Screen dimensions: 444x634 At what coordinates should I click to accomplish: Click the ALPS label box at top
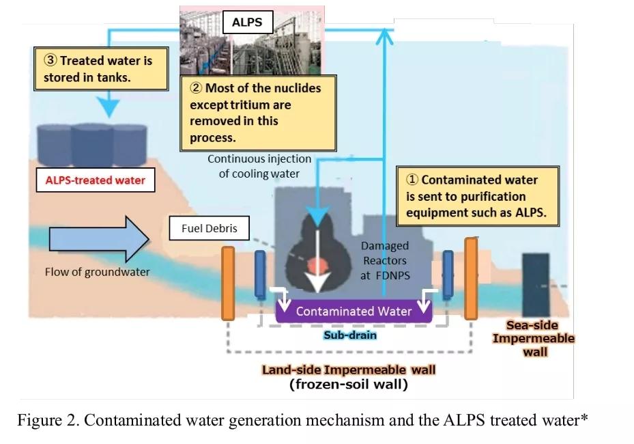pyautogui.click(x=246, y=23)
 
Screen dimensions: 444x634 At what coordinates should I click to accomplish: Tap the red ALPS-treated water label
pyautogui.click(x=96, y=180)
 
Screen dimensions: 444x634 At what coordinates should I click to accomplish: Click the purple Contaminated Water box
pyautogui.click(x=354, y=311)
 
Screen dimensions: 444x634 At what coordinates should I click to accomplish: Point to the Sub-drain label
pyautogui.click(x=349, y=335)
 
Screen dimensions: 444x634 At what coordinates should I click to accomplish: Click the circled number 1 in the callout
pyautogui.click(x=412, y=180)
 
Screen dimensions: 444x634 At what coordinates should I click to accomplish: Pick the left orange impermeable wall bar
pyautogui.click(x=228, y=283)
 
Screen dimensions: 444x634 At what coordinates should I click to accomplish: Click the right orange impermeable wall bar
pyautogui.click(x=470, y=278)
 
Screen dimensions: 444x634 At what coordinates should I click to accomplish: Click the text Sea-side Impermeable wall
pyautogui.click(x=533, y=339)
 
